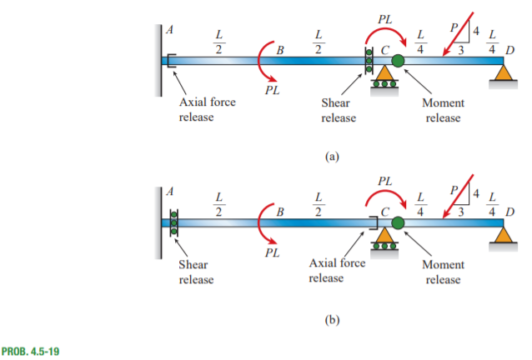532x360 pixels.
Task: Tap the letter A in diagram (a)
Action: point(170,29)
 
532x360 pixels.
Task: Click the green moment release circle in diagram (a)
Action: point(398,60)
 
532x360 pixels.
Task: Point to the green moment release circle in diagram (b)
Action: point(398,223)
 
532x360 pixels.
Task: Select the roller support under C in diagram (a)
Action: point(384,80)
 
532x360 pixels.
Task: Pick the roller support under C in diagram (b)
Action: point(384,243)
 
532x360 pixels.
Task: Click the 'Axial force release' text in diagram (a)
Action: point(208,110)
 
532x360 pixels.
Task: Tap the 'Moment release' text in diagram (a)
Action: point(444,110)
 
